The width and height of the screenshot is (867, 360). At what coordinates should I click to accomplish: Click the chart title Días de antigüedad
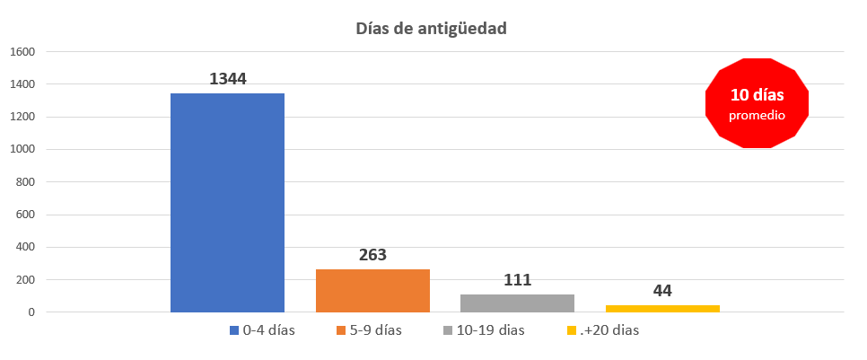tap(431, 28)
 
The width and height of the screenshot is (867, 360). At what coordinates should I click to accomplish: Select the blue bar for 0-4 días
tap(227, 202)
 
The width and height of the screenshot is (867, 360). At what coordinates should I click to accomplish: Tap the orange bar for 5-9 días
tap(372, 290)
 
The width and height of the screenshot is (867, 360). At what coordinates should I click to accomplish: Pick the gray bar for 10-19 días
tap(517, 303)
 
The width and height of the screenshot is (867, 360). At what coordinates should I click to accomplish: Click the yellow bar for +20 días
tap(662, 308)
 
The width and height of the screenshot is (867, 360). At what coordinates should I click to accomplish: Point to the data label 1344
tap(227, 79)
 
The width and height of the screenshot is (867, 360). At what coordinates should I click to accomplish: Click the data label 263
tap(372, 255)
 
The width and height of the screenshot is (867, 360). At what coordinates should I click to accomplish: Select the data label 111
tap(517, 279)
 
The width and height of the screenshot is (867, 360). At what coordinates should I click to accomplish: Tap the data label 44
tap(662, 290)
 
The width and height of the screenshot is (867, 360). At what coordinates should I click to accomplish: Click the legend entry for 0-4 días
tap(262, 330)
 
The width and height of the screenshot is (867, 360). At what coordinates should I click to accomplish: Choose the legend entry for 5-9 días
tap(369, 330)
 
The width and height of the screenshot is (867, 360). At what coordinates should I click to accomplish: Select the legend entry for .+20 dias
tap(603, 330)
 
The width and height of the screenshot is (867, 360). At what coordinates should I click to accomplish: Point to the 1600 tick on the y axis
tap(22, 52)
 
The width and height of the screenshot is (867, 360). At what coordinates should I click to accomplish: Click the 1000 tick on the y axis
tap(22, 149)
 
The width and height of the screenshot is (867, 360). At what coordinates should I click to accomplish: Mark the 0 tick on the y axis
tap(31, 312)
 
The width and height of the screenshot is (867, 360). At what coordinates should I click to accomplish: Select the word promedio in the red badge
tap(758, 116)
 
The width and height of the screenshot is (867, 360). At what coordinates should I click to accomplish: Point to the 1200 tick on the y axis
tap(22, 117)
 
